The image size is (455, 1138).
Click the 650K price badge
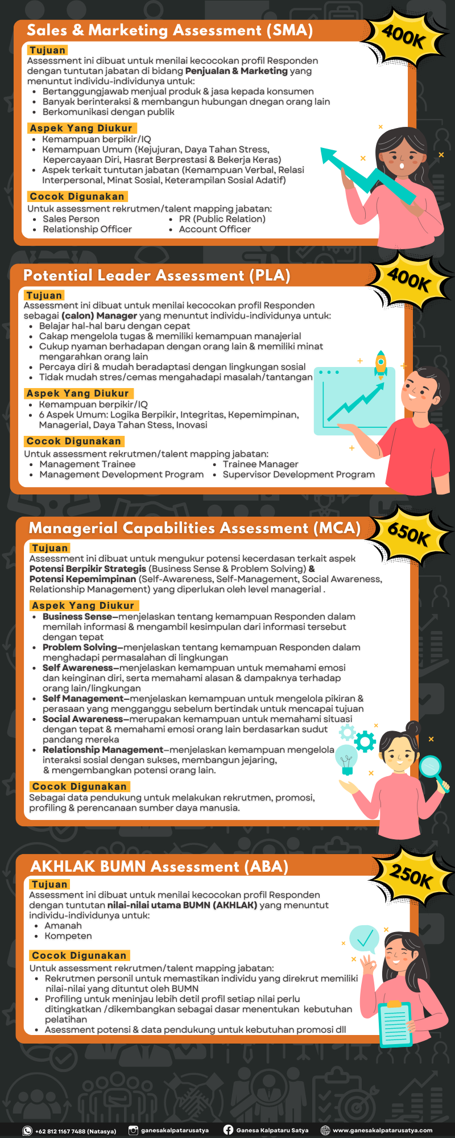pyautogui.click(x=408, y=534)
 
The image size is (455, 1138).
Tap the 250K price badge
pyautogui.click(x=411, y=876)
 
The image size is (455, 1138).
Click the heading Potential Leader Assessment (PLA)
pyautogui.click(x=157, y=276)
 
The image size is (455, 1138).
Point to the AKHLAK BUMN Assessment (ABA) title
pyautogui.click(x=159, y=867)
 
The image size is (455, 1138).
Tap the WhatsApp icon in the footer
pyautogui.click(x=27, y=1131)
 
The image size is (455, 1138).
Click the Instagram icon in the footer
pyautogui.click(x=133, y=1131)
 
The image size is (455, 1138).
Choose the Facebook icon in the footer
pyautogui.click(x=228, y=1130)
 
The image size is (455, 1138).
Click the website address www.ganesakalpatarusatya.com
pyautogui.click(x=382, y=1131)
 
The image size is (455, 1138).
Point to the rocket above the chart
pyautogui.click(x=380, y=364)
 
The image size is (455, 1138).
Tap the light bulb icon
pyautogui.click(x=346, y=760)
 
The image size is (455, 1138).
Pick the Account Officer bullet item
pyautogui.click(x=214, y=229)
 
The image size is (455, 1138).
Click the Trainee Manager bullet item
pyautogui.click(x=260, y=464)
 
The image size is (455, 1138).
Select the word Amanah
pyautogui.click(x=63, y=926)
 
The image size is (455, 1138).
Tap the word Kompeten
pyautogui.click(x=68, y=936)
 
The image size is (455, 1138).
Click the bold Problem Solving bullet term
pyautogui.click(x=80, y=648)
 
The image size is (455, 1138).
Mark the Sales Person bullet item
pyautogui.click(x=71, y=219)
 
